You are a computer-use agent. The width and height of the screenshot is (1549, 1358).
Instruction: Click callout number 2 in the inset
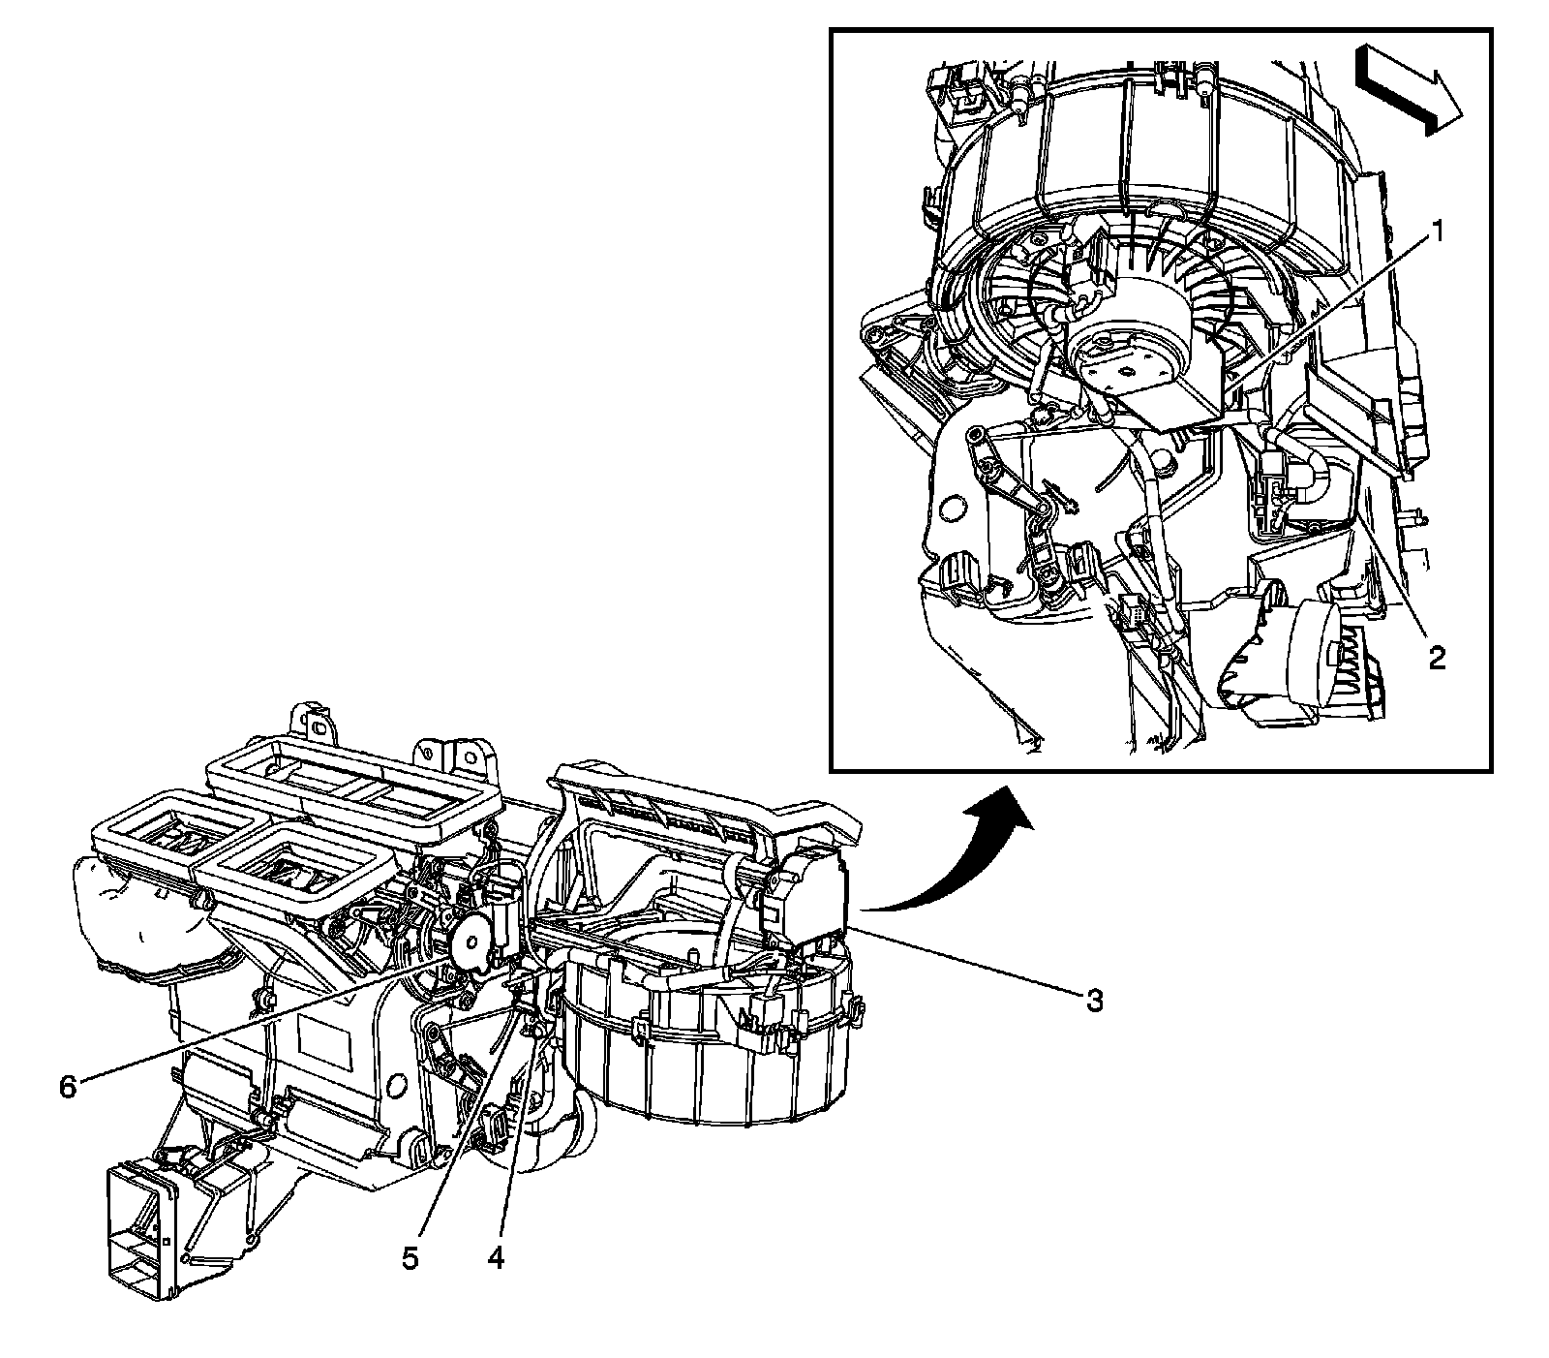(x=1436, y=659)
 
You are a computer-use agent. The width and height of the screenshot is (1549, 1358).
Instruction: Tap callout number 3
(x=1094, y=1000)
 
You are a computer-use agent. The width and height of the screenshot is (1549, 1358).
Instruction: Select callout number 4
(x=496, y=1258)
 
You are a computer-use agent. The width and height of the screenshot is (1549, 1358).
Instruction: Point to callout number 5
(x=410, y=1258)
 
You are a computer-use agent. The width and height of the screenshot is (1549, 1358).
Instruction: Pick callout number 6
(x=67, y=1087)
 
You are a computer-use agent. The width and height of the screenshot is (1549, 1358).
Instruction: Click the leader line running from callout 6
(x=261, y=1021)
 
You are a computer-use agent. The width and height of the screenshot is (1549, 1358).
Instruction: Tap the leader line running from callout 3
(x=968, y=964)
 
